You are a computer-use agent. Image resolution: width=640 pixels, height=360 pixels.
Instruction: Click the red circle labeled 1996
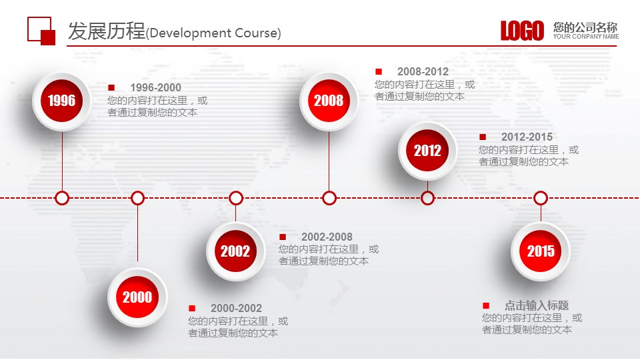pos(61,101)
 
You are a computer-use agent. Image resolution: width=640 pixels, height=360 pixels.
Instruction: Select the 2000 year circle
pos(137,297)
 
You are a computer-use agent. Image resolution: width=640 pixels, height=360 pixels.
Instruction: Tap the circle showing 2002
pos(235,251)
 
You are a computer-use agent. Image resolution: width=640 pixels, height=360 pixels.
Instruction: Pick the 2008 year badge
pos(329,101)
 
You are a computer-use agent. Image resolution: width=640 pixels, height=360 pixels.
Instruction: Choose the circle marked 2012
pos(427,151)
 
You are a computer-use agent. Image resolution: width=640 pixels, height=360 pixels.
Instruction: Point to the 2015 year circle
pos(541,251)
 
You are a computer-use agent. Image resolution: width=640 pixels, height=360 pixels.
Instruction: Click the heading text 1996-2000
pos(155,87)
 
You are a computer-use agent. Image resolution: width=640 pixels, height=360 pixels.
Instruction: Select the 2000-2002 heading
pos(236,308)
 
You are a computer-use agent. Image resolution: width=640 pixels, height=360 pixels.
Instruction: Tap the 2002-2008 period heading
pos(327,237)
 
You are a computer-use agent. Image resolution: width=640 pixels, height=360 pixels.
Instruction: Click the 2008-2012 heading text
pos(423,71)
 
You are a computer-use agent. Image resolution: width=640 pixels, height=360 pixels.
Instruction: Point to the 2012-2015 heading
pos(527,137)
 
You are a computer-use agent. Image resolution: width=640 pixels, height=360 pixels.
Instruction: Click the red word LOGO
pos(523,31)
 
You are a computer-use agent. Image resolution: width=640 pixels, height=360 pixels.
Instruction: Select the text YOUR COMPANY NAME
pos(586,36)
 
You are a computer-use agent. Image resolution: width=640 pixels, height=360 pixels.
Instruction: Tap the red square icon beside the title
pos(41,31)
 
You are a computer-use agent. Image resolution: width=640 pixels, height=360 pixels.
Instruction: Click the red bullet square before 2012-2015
pos(483,137)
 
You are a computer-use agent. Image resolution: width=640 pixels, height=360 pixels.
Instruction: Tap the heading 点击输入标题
pos(537,305)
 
